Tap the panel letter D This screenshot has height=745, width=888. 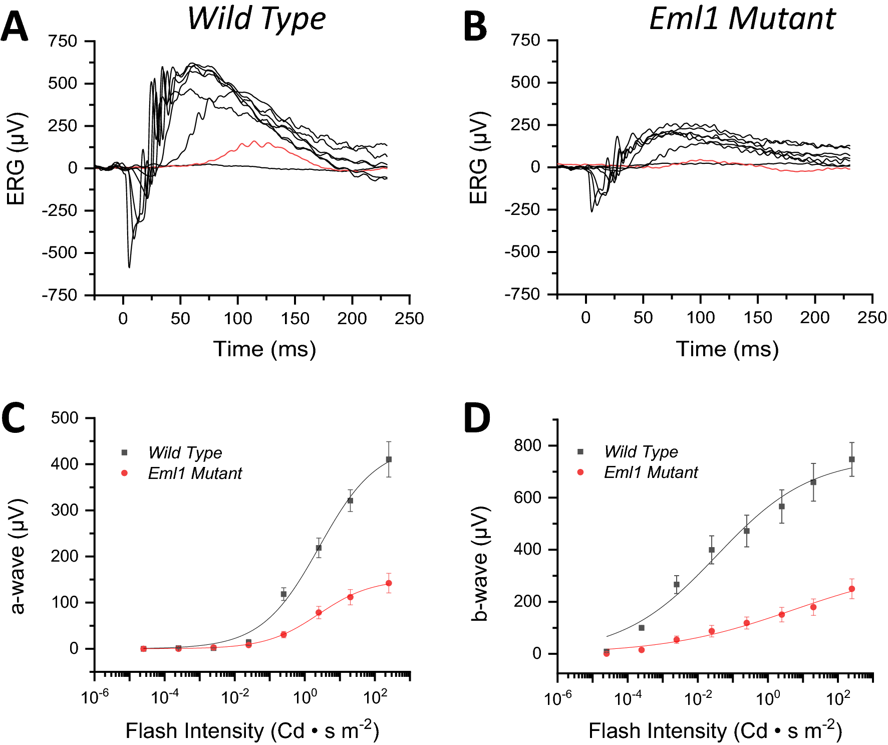pyautogui.click(x=476, y=418)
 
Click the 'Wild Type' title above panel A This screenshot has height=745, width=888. pyautogui.click(x=256, y=19)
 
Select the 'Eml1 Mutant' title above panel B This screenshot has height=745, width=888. pyautogui.click(x=742, y=19)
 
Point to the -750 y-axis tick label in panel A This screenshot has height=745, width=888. pyautogui.click(x=59, y=295)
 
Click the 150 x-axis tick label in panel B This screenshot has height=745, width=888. pyautogui.click(x=757, y=318)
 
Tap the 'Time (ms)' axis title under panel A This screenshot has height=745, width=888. pyautogui.click(x=264, y=349)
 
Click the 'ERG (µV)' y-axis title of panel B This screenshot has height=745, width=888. pyautogui.click(x=478, y=158)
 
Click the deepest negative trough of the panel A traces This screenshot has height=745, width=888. pyautogui.click(x=129, y=267)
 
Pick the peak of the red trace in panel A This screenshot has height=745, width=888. pyautogui.click(x=254, y=142)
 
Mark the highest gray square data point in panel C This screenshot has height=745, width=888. pyautogui.click(x=389, y=459)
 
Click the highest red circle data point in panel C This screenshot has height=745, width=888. pyautogui.click(x=389, y=583)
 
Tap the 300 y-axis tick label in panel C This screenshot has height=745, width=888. pyautogui.click(x=65, y=510)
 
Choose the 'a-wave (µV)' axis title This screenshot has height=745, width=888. pyautogui.click(x=18, y=556)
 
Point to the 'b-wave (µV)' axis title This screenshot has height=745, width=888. pyautogui.click(x=480, y=564)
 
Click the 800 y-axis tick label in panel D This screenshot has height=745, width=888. pyautogui.click(x=527, y=445)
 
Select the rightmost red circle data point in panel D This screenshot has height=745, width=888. pyautogui.click(x=851, y=589)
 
